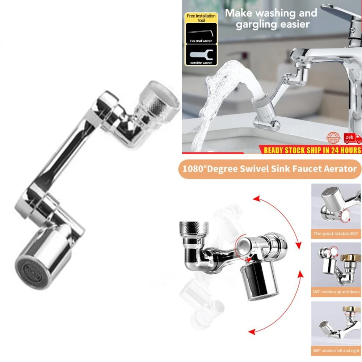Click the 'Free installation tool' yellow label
(201, 18)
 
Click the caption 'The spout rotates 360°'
(336, 233)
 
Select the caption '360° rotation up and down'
(336, 292)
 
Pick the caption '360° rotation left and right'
(336, 350)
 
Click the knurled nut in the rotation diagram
(194, 228)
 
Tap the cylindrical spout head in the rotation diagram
(259, 281)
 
